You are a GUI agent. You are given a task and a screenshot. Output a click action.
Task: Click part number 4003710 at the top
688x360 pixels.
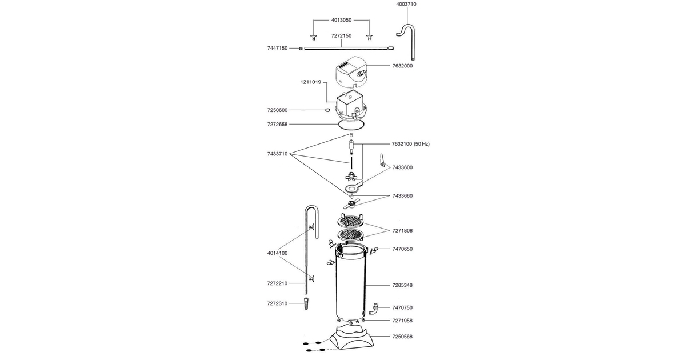pos(406,5)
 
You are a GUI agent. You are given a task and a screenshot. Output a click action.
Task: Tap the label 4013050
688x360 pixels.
pos(341,20)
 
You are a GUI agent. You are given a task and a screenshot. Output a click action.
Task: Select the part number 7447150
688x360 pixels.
pos(277,48)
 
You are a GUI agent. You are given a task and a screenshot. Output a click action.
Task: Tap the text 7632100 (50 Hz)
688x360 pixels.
pos(411,144)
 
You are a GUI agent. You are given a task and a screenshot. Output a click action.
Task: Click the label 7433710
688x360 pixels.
pos(277,154)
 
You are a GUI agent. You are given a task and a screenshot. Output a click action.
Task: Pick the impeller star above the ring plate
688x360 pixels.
pos(351,178)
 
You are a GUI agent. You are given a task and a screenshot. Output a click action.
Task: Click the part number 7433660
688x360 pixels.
pos(402,196)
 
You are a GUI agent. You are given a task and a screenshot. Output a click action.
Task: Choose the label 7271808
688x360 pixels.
pos(402,231)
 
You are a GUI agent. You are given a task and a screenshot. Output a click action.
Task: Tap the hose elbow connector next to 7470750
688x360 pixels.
pos(373,309)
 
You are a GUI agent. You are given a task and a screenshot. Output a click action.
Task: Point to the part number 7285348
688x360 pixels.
pos(402,285)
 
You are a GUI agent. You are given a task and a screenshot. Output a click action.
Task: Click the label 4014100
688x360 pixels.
pos(277,253)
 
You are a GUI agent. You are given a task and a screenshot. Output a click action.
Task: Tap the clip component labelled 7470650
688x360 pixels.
pos(374,251)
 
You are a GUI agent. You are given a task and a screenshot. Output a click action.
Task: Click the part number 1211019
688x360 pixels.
pos(311,82)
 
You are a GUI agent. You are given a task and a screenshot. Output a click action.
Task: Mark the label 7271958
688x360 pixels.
pos(402,321)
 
